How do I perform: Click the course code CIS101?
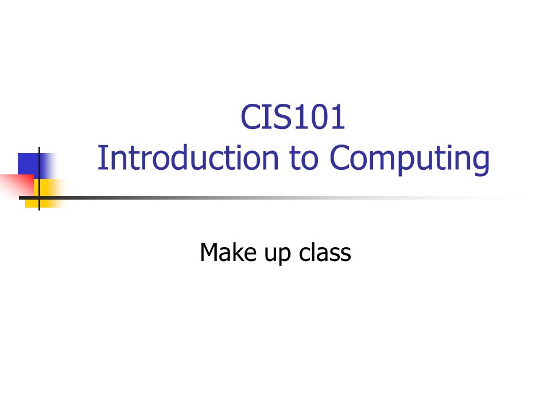293,117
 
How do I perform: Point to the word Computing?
410,160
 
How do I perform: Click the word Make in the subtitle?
228,252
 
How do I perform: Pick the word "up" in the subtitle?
278,255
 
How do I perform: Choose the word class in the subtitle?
325,252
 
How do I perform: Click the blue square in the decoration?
32,166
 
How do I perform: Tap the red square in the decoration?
17,185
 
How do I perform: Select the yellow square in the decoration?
46,193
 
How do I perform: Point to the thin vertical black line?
39,178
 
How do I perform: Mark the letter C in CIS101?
251,117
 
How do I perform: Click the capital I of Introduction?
101,158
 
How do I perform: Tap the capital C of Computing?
340,158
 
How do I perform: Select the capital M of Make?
209,252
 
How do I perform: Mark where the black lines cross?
39,198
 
